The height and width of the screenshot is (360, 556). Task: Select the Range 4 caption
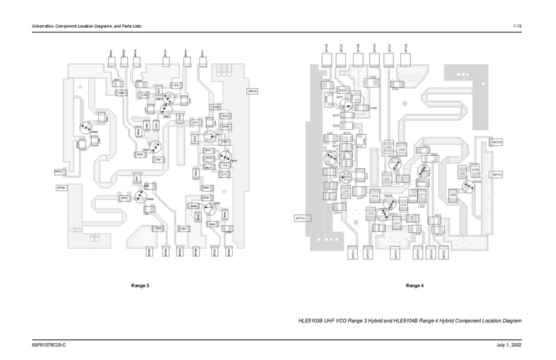414,286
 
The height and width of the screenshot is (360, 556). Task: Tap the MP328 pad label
497,142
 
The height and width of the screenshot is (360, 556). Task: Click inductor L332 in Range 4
389,147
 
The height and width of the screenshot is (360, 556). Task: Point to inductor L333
386,179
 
